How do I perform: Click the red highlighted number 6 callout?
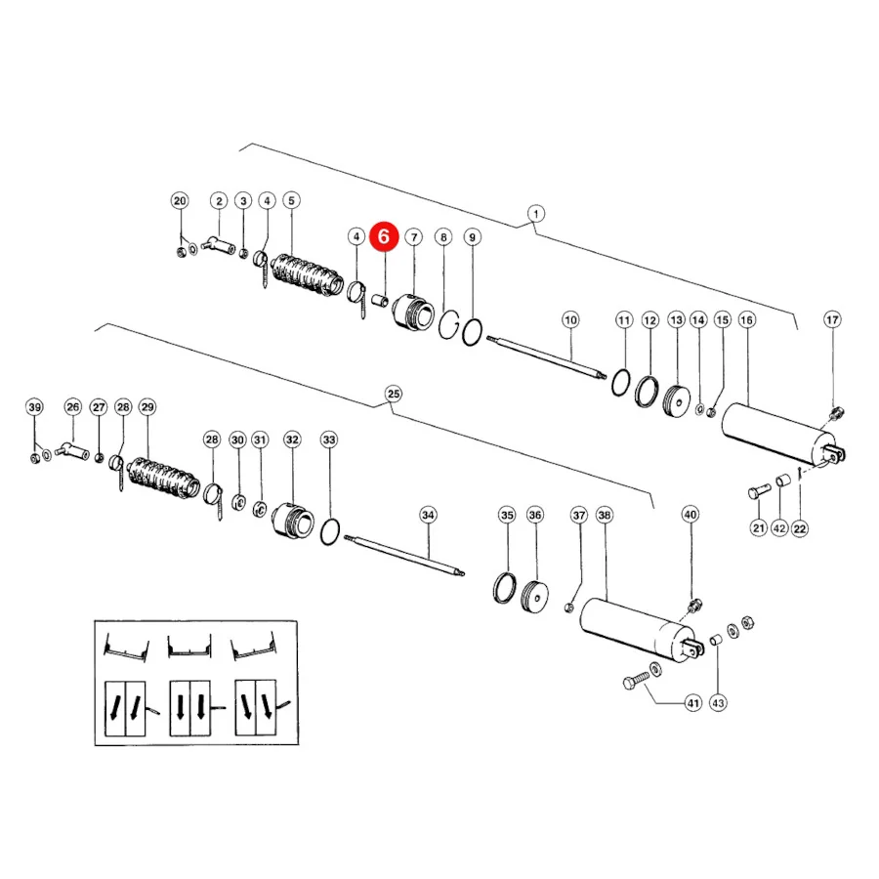pyautogui.click(x=384, y=236)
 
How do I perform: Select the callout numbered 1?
pyautogui.click(x=536, y=214)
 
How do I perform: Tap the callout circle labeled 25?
pyautogui.click(x=394, y=394)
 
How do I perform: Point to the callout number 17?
pyautogui.click(x=832, y=319)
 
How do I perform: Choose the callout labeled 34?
pyautogui.click(x=429, y=515)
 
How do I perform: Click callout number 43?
pyautogui.click(x=718, y=702)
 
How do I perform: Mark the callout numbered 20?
pyautogui.click(x=180, y=200)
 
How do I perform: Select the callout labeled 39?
pyautogui.click(x=35, y=407)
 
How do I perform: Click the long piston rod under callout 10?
pyautogui.click(x=547, y=357)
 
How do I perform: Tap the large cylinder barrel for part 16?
pyautogui.click(x=778, y=435)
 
